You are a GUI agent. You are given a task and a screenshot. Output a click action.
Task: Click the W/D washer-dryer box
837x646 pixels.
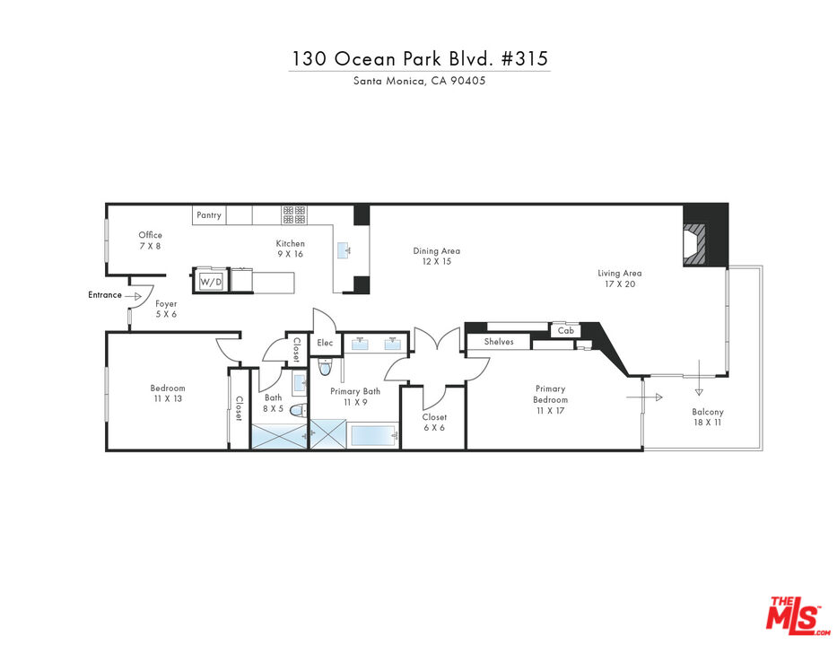pos(211,281)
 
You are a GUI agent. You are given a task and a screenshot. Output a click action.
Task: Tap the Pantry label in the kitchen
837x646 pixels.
pos(209,215)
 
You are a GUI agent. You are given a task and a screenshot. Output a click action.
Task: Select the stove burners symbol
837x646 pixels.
pos(294,214)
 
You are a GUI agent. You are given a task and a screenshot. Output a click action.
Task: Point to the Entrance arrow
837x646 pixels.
pos(133,296)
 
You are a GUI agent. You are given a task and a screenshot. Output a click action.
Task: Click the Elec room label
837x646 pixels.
pos(325,343)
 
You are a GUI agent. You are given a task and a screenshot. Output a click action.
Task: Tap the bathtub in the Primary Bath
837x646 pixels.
pos(373,436)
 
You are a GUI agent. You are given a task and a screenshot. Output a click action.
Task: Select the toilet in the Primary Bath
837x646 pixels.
pos(325,367)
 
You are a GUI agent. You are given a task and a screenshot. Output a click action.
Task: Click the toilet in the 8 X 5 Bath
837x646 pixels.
pos(299,411)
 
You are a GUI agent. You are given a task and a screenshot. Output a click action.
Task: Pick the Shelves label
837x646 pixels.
pos(499,342)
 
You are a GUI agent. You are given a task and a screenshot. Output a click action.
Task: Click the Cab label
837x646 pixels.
pos(566,330)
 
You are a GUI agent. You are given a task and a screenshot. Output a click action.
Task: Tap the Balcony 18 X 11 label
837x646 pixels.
pos(707,417)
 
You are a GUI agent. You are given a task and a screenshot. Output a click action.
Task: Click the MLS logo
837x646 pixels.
pos(795,615)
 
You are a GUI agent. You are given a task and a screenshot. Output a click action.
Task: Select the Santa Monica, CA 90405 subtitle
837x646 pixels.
pos(420,81)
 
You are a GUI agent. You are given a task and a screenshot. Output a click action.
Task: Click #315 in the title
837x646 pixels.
pos(525,58)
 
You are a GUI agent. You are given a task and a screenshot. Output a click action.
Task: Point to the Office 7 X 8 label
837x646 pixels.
pos(150,240)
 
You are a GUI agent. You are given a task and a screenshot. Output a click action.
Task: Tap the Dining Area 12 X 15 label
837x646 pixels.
pos(437,256)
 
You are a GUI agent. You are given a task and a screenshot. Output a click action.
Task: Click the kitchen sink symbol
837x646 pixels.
pos(344,249)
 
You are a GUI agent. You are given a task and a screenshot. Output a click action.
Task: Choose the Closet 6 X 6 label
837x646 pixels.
pos(434,423)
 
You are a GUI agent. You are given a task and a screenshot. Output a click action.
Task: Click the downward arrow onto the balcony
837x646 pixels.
pos(699,378)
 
